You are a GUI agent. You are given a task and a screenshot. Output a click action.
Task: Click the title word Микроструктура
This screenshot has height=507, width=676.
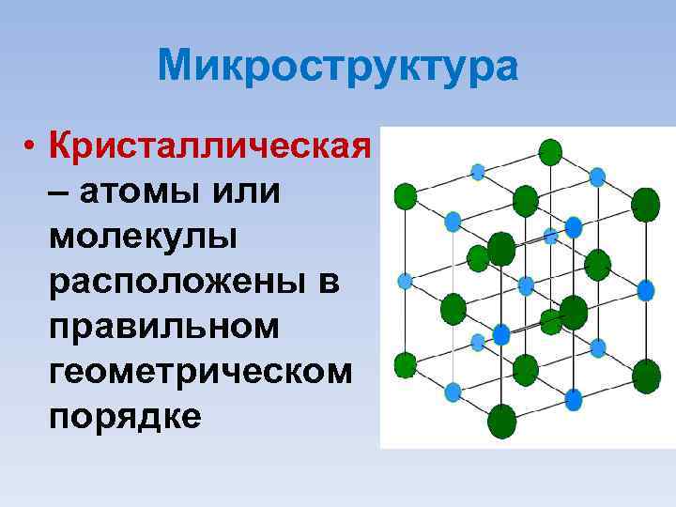pyautogui.click(x=337, y=67)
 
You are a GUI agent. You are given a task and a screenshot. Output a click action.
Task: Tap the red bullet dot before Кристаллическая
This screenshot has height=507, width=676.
pyautogui.click(x=31, y=147)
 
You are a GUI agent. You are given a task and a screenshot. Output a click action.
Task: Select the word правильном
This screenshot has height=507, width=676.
pyautogui.click(x=165, y=327)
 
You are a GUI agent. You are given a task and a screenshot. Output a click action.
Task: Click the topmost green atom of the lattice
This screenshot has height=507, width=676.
pyautogui.click(x=550, y=150)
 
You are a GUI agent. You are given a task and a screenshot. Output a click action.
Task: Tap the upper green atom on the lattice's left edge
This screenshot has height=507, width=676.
pyautogui.click(x=406, y=196)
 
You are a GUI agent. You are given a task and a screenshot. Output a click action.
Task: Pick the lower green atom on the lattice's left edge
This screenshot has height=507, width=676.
pyautogui.click(x=406, y=364)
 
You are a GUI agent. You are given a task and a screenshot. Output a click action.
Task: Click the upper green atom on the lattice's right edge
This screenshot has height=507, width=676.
pyautogui.click(x=646, y=205)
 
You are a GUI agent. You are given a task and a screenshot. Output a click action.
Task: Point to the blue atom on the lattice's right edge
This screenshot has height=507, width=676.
pyautogui.click(x=646, y=291)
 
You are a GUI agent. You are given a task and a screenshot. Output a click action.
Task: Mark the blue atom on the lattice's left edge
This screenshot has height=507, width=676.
pyautogui.click(x=406, y=281)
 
